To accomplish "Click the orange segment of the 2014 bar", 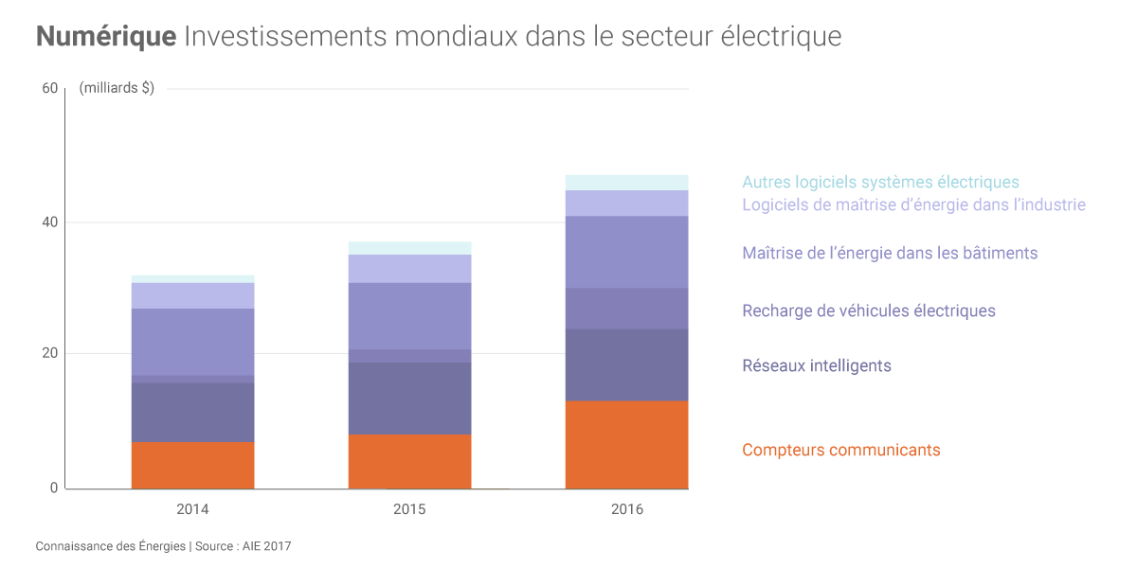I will (x=192, y=465).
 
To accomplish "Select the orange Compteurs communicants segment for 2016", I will (x=626, y=444).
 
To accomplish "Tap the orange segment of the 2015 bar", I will (x=409, y=461).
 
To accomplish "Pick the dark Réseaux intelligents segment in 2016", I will (x=626, y=364).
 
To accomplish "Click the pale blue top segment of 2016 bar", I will (x=626, y=182).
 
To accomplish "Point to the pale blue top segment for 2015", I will (x=409, y=247).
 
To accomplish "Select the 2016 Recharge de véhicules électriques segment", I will (x=626, y=308).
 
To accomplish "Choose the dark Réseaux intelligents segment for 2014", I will (x=192, y=412).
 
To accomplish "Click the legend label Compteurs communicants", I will (x=840, y=450).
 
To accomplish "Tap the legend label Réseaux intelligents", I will (x=816, y=365).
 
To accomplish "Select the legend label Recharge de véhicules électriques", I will (x=868, y=311).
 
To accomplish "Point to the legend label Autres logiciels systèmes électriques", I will (x=880, y=182).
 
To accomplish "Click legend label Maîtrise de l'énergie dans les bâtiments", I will (x=890, y=253).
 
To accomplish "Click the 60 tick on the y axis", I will (x=50, y=88).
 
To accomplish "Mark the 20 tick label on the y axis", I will (x=50, y=353).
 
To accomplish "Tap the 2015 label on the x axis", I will (x=409, y=509).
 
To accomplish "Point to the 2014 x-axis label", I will (x=192, y=509).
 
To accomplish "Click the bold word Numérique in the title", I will (x=106, y=36).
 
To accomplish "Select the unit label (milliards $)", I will (x=117, y=88).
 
